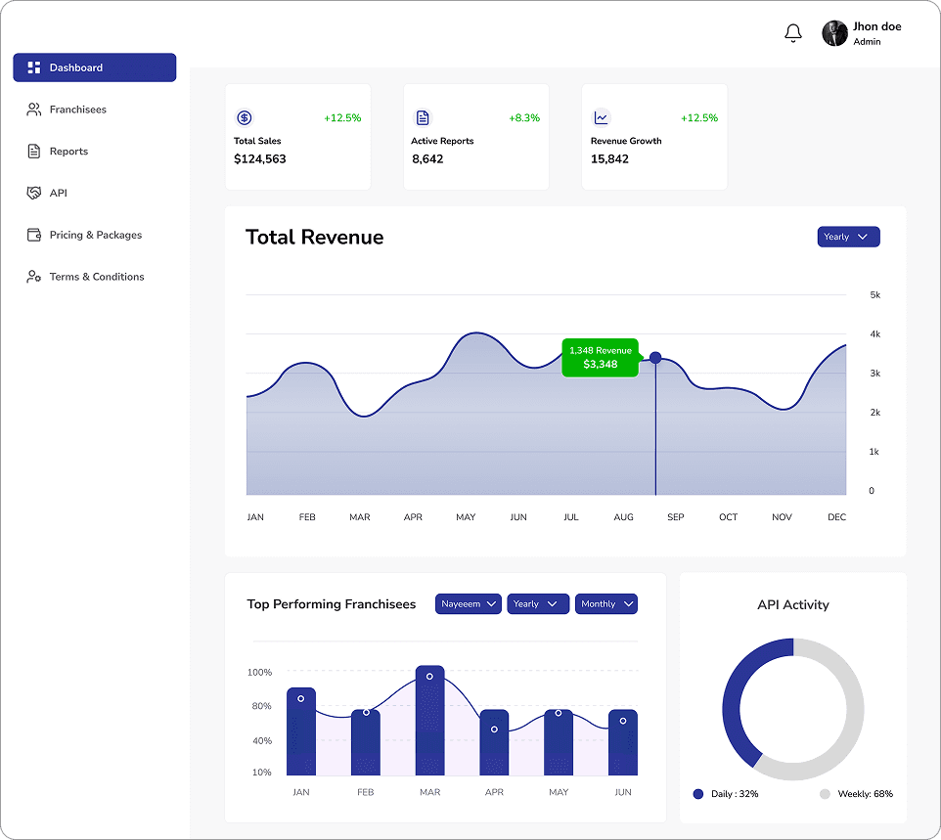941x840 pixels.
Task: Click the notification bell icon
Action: [793, 33]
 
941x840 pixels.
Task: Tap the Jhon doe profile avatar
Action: [834, 33]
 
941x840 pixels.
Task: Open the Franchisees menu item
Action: [77, 110]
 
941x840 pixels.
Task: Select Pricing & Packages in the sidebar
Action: [95, 235]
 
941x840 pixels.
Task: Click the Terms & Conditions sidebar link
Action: [96, 277]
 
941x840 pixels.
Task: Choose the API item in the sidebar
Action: [58, 193]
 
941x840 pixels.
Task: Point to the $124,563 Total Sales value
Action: [260, 158]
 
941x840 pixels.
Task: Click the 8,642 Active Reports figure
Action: [427, 158]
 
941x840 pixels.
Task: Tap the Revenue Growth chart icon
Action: [602, 117]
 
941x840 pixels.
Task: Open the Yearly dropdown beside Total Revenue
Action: [848, 237]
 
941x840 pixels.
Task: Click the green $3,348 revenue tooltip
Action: [600, 358]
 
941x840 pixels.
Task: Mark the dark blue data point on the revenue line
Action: [655, 358]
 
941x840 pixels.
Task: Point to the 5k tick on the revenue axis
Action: [874, 294]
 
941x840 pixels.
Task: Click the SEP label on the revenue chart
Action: [676, 516]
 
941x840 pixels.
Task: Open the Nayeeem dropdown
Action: [469, 604]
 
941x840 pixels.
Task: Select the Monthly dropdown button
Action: [606, 604]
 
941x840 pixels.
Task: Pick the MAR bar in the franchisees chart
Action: [430, 722]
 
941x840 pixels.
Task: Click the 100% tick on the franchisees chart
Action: [259, 673]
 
